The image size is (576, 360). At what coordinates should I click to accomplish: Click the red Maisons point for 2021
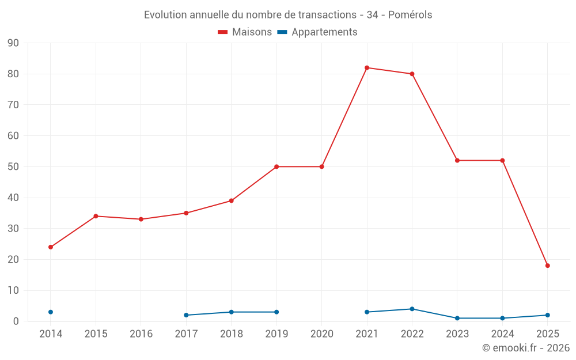pos(367,68)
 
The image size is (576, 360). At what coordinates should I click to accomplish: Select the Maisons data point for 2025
pos(548,266)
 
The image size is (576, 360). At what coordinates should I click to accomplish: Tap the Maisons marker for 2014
pos(51,247)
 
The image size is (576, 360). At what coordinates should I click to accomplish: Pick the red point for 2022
pos(412,74)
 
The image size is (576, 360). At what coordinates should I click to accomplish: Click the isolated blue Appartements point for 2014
pos(51,312)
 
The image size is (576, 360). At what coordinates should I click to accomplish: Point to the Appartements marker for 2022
pos(412,309)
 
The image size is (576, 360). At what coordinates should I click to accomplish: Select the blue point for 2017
pos(186,315)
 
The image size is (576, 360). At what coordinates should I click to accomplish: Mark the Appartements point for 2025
pos(548,315)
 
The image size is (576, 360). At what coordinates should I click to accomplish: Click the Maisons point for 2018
pos(232,201)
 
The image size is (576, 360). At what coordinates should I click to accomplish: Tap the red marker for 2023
pos(457,161)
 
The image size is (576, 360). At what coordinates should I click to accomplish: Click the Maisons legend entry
pos(245,32)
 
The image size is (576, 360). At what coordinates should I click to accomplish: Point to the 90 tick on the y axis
pos(13,43)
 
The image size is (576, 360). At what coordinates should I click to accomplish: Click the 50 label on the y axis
pos(13,167)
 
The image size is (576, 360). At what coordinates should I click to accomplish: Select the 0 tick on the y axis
pos(16,321)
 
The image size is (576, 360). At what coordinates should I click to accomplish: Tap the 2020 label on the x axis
pos(321,334)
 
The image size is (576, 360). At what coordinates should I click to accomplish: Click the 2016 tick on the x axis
pos(141,334)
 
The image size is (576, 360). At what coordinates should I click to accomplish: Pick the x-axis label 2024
pos(502,334)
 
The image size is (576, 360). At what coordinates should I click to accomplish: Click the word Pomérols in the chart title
pos(410,15)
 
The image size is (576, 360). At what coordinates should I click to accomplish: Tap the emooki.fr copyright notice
pos(525,348)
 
